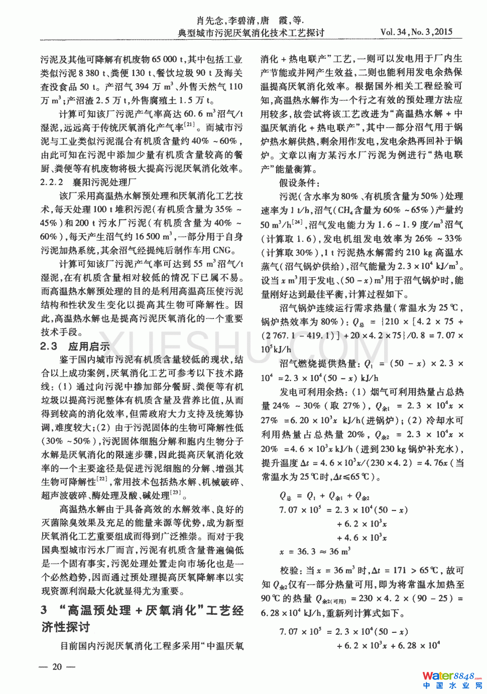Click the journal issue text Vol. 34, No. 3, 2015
pos(416,32)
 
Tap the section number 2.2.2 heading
pos(52,182)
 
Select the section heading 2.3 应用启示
pos(75,346)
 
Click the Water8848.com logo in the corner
pos(452,676)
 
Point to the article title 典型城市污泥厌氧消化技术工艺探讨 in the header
pos(251,33)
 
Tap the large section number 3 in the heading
pos(45,610)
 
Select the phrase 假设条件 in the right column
pos(299,183)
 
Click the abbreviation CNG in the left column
pos(220,250)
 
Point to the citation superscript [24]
pos(297,222)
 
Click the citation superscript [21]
pos(189,124)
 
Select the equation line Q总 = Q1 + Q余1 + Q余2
pos(324,496)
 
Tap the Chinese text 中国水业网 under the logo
pos(452,686)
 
